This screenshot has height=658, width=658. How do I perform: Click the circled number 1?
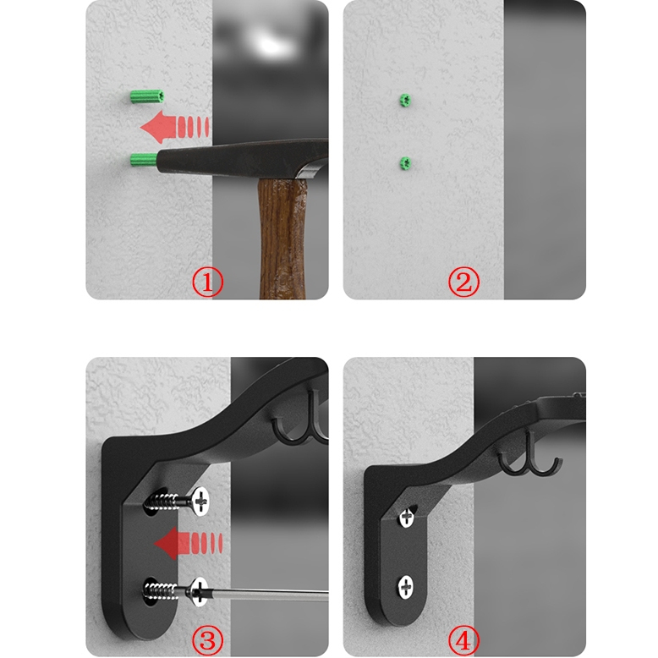coord(208,282)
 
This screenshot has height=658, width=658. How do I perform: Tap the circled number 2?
coord(463,282)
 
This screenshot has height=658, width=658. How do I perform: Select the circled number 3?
coord(208,640)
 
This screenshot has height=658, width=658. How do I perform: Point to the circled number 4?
coord(463,640)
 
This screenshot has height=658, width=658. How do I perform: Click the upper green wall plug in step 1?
coord(146,96)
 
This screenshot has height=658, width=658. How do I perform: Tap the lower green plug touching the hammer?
coord(144,160)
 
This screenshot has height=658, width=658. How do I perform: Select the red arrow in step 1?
coord(174,127)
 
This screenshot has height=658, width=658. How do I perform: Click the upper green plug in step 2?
coord(404,100)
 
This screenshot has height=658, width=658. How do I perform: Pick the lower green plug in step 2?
coord(405,163)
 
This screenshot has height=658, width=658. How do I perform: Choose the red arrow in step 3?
coord(188,544)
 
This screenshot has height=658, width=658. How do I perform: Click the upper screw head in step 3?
coord(200,501)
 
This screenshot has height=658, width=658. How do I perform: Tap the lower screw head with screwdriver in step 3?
coord(199,592)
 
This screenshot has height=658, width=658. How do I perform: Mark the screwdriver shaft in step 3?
coord(269,595)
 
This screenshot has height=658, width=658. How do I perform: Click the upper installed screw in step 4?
coord(406,518)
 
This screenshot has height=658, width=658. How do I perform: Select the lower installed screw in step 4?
coord(405,587)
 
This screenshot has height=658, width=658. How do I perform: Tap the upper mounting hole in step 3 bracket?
coord(156,502)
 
